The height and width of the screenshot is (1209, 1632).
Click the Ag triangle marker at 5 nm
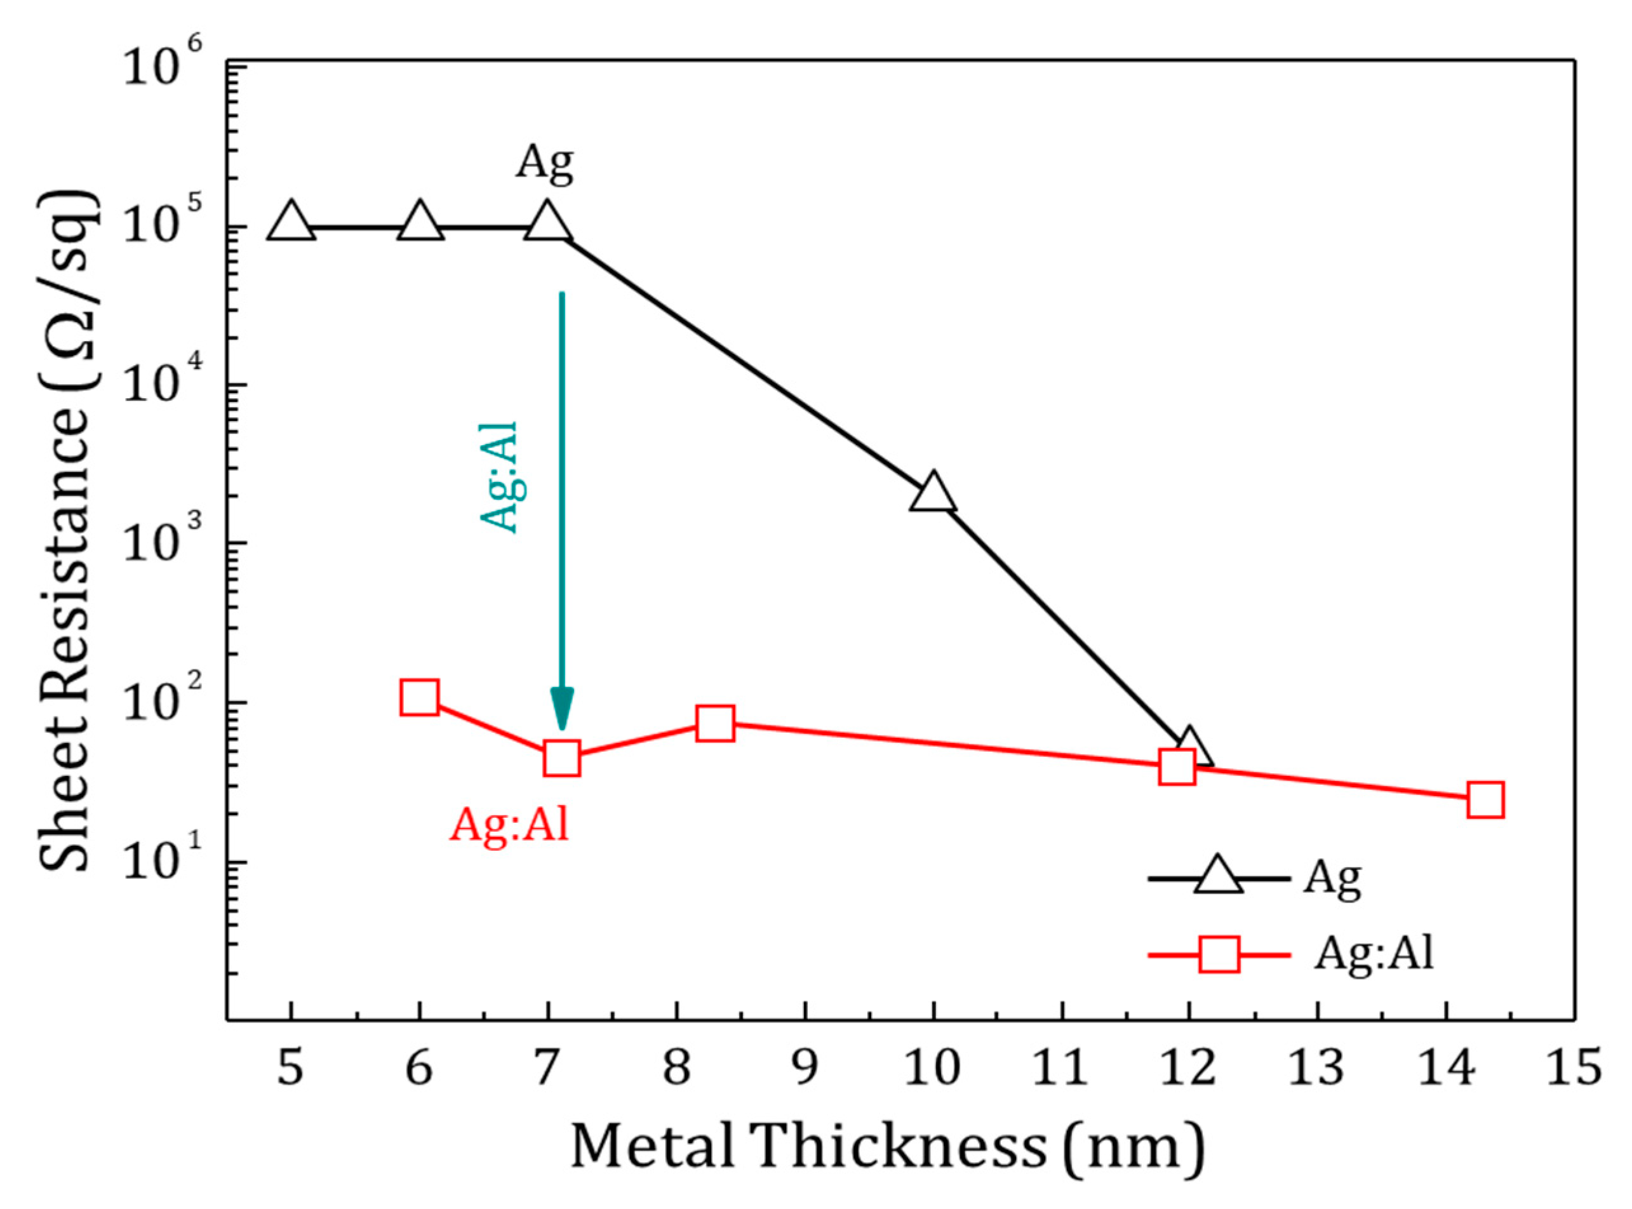[x=291, y=221]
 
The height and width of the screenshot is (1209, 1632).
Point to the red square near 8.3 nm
[x=715, y=724]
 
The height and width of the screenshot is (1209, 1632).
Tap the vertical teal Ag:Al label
[x=499, y=477]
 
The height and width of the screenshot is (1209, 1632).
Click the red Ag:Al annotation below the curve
[x=509, y=825]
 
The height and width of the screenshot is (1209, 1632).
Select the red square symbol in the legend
[x=1219, y=954]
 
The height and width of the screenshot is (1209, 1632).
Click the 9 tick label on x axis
[x=805, y=1068]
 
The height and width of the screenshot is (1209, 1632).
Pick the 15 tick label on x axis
[x=1574, y=1068]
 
